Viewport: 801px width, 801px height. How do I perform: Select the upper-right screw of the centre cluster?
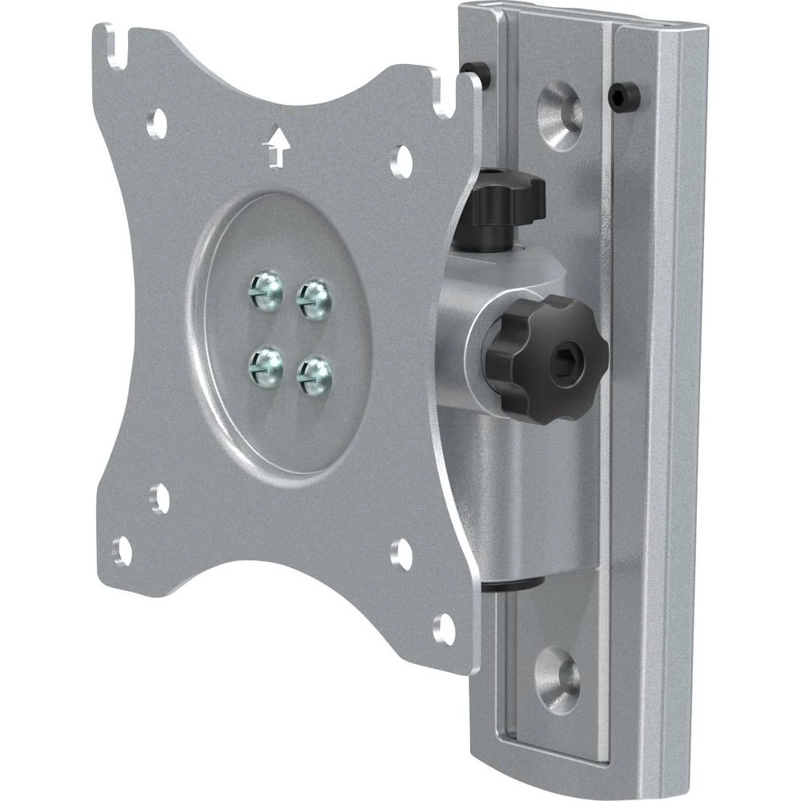314,298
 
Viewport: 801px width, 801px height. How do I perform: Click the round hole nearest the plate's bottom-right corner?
443,629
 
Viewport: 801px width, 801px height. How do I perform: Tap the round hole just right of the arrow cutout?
400,159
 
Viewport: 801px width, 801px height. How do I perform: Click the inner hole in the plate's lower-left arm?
161,499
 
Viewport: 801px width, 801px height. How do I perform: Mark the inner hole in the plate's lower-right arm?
401,550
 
